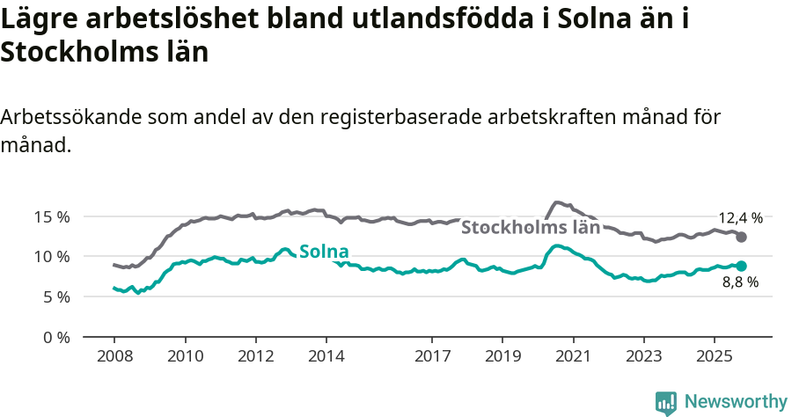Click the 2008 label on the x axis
[x=114, y=357]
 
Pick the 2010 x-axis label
[x=186, y=357]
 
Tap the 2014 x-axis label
[x=326, y=357]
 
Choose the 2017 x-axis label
[x=432, y=357]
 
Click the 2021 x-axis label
[x=573, y=357]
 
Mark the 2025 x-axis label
[x=714, y=357]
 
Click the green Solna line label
[x=324, y=252]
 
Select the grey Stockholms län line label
[x=531, y=227]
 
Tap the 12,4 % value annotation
[x=741, y=217]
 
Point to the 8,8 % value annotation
[x=740, y=282]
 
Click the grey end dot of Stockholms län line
[x=742, y=238]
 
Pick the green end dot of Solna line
[x=742, y=266]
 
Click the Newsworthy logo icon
[x=666, y=402]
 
